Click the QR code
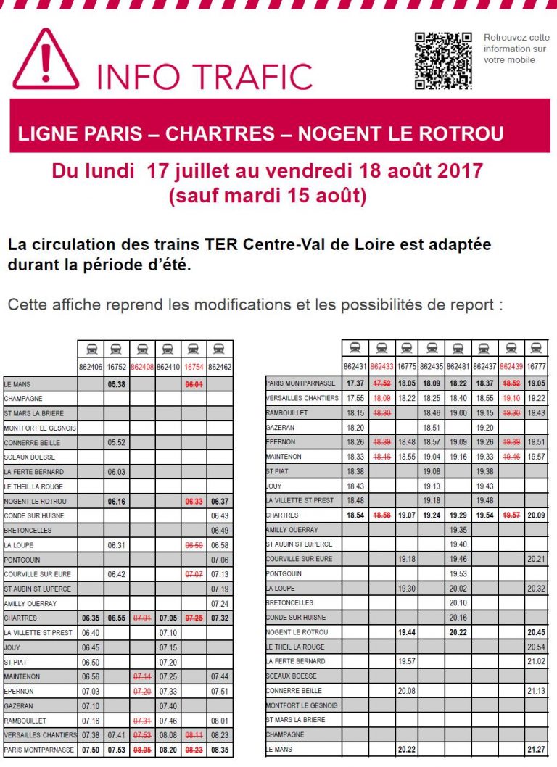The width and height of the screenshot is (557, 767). coord(443,61)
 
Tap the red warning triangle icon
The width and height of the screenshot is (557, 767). coord(46,61)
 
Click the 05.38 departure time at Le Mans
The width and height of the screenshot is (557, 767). coord(117,384)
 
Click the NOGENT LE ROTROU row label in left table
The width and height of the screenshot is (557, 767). coord(36,501)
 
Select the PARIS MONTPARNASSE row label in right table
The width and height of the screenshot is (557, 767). coord(301,383)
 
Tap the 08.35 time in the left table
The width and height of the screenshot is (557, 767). coord(220,750)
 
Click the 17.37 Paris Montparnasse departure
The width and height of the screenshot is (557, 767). coord(355,383)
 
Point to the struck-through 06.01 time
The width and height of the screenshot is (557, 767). coord(194,384)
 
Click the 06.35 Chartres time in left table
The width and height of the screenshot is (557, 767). coord(91,618)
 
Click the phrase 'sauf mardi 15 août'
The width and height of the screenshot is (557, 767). coord(268,196)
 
